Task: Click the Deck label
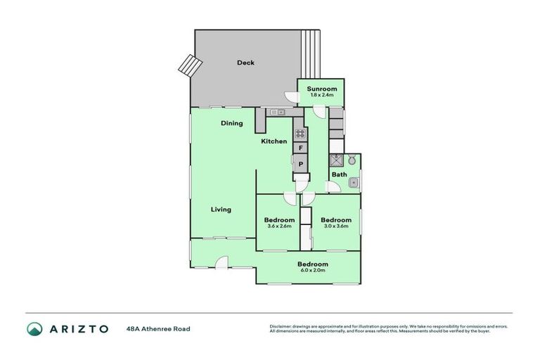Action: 245,63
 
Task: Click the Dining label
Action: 231,123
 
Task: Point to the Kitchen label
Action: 274,141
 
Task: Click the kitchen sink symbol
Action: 275,111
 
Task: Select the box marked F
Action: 300,148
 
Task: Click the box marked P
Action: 300,165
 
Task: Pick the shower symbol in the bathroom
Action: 337,160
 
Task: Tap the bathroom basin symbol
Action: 354,183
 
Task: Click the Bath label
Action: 339,174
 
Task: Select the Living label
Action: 221,210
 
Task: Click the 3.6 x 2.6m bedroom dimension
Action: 280,226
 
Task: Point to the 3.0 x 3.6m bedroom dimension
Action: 337,226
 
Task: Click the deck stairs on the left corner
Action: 186,65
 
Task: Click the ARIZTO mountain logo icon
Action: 34,328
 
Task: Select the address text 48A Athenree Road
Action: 158,328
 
